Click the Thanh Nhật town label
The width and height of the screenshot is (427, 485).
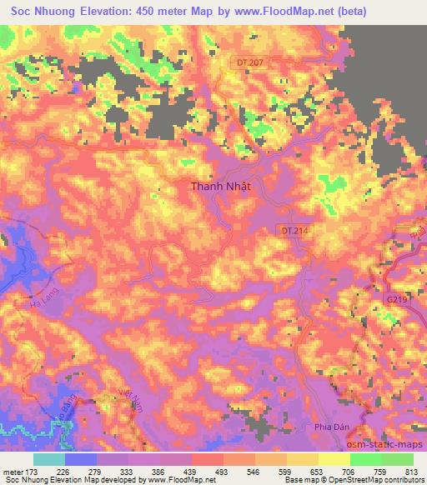pyautogui.click(x=221, y=187)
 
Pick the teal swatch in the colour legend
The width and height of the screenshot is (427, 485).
pyautogui.click(x=49, y=459)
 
